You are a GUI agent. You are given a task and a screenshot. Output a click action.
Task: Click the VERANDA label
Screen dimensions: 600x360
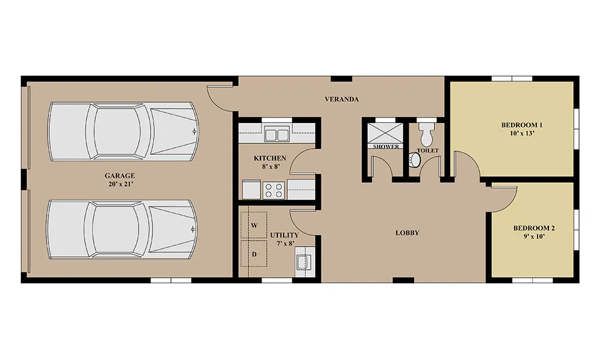[342, 99]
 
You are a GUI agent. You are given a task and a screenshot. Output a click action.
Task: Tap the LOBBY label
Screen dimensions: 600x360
[407, 233]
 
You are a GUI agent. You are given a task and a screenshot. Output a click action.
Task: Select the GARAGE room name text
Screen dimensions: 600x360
[120, 176]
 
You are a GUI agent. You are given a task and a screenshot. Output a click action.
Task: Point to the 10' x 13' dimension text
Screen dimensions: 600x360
[521, 134]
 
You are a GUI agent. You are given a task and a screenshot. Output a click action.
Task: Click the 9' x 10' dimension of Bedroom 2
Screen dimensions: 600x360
[534, 236]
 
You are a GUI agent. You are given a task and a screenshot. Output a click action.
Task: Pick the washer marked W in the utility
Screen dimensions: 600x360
[254, 226]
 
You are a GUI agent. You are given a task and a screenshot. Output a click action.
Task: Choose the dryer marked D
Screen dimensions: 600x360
[254, 254]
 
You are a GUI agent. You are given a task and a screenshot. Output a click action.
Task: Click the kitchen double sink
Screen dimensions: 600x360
[277, 135]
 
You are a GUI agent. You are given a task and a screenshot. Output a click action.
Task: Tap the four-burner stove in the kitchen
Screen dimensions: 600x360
[274, 190]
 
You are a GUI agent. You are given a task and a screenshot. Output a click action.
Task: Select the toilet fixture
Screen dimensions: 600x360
[426, 131]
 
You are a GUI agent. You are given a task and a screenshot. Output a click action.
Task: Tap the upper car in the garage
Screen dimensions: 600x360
[123, 131]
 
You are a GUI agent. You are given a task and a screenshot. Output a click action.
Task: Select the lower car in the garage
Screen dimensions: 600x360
[122, 229]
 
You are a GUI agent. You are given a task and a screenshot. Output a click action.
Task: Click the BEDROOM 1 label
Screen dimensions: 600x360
[521, 125]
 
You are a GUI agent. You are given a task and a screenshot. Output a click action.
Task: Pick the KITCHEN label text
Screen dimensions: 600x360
[270, 158]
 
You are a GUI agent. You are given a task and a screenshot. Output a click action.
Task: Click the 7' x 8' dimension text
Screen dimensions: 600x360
[285, 244]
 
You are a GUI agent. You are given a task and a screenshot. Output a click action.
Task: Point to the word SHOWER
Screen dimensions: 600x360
[386, 146]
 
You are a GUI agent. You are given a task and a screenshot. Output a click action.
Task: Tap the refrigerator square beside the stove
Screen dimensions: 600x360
[251, 190]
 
